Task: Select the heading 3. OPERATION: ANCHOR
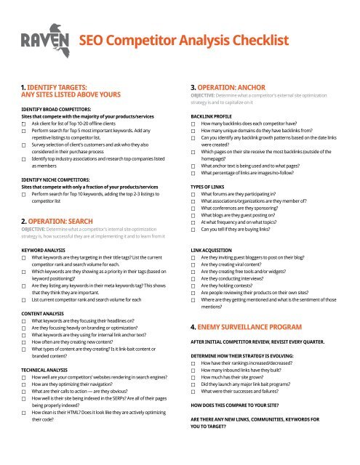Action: pyautogui.click(x=242, y=84)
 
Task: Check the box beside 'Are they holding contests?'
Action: pyautogui.click(x=193, y=296)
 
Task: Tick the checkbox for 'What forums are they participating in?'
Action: pyautogui.click(x=193, y=195)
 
